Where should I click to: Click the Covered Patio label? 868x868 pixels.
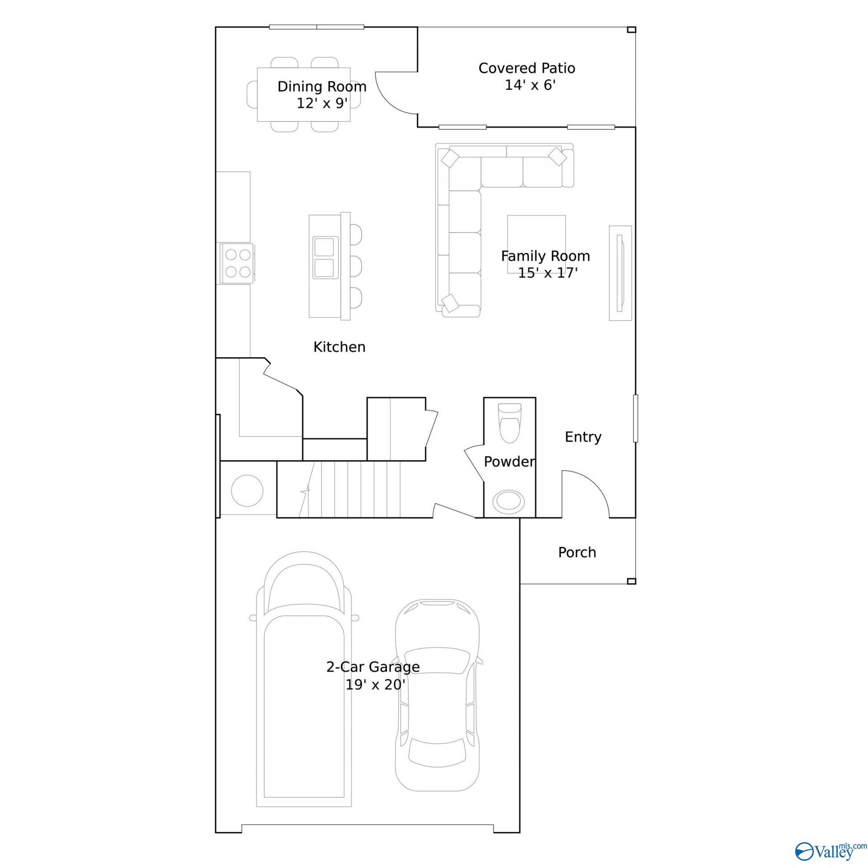(527, 68)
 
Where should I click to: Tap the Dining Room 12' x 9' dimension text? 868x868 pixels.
(322, 104)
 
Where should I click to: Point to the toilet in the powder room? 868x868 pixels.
(509, 422)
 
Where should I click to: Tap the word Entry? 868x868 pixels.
(583, 437)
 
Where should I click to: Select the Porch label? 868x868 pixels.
(577, 552)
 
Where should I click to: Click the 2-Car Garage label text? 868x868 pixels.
(373, 667)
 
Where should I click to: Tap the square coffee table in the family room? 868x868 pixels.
(536, 244)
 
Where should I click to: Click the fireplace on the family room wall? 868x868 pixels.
(620, 273)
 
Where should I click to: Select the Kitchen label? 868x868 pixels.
(340, 347)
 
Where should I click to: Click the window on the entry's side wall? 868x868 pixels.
(636, 418)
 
